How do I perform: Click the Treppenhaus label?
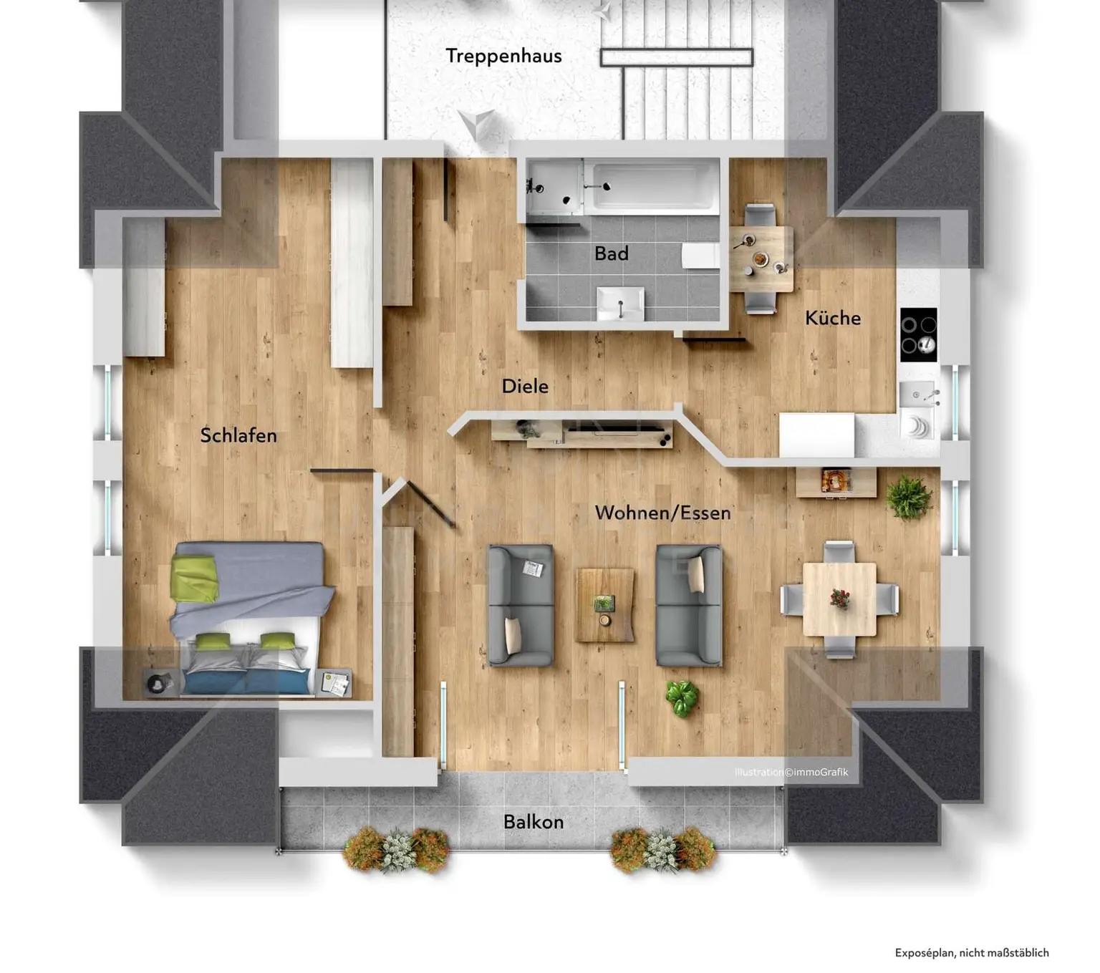tap(503, 56)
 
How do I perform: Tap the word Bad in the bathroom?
tap(611, 253)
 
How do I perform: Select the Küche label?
tap(832, 318)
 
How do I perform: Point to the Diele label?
tap(525, 387)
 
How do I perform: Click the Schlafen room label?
tap(238, 435)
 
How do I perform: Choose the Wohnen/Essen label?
tap(662, 513)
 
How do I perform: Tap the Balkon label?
tap(533, 822)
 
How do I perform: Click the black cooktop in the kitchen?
tap(918, 334)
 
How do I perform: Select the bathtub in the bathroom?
tap(652, 186)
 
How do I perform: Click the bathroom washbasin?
tap(620, 304)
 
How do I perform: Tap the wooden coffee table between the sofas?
tap(605, 605)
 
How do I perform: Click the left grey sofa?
tap(520, 606)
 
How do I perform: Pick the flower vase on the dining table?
tap(839, 598)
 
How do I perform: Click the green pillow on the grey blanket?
tap(195, 579)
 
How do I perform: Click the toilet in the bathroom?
tap(700, 256)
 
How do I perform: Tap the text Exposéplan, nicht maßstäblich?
tap(971, 952)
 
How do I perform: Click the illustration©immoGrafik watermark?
tap(791, 772)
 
